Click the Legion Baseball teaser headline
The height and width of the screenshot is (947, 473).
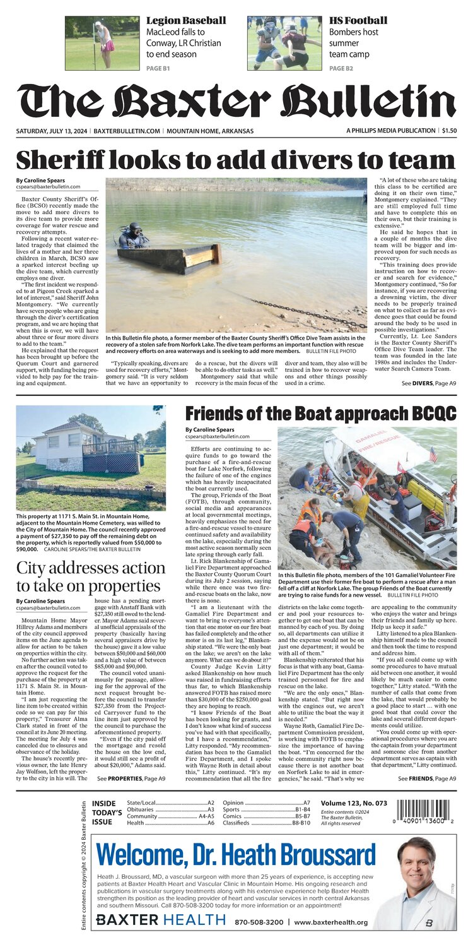coord(185,21)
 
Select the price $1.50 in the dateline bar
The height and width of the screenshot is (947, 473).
coord(449,131)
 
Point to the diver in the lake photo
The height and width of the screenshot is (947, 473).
coord(133,236)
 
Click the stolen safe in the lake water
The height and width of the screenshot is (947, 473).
coord(169,258)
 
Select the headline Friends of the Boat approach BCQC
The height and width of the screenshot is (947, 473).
coord(320,414)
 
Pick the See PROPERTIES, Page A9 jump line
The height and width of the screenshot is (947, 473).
coord(131,779)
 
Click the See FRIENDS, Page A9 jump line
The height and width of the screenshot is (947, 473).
coord(427,779)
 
